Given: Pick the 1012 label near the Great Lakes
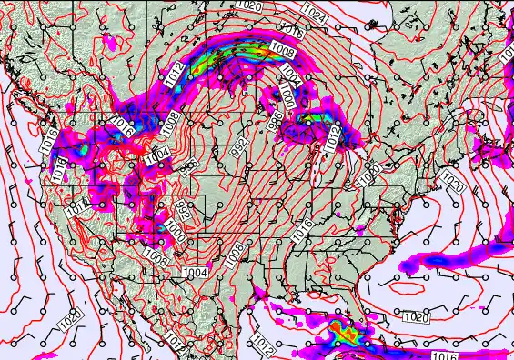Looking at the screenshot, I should pyautogui.click(x=331, y=136).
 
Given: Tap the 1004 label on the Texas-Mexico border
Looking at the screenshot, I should pyautogui.click(x=194, y=273).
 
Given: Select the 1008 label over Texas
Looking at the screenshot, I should pyautogui.click(x=234, y=256).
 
